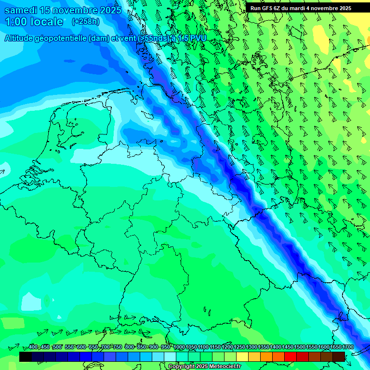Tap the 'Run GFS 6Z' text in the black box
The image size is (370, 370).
point(266,8)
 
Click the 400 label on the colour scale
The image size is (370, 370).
point(33,347)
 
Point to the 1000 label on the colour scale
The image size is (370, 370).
point(179,347)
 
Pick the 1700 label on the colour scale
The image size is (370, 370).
point(348,347)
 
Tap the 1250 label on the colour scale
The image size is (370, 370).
point(239,347)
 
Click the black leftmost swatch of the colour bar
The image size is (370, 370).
point(26,357)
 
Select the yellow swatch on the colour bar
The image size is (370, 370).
point(242,357)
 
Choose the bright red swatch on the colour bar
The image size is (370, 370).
point(291,357)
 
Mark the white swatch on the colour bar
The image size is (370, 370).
point(170,357)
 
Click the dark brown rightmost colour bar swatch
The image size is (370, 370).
point(339,357)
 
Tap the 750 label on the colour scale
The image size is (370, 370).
point(117,347)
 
